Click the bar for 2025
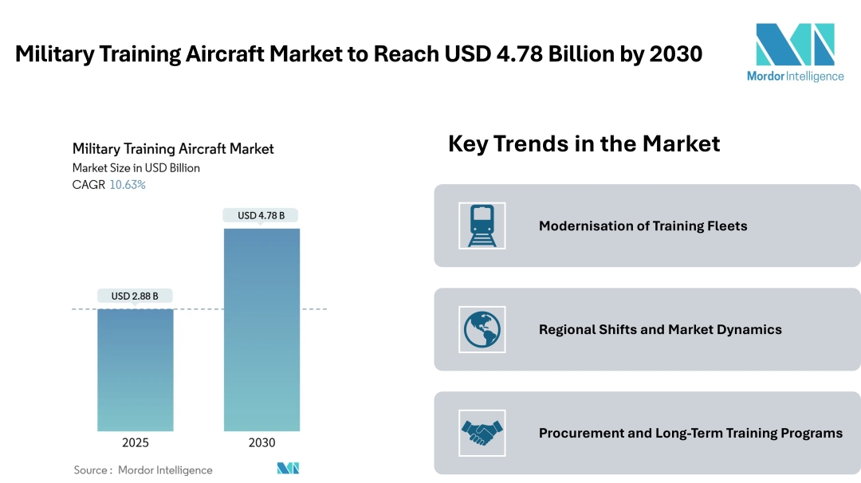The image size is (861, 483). tap(135, 370)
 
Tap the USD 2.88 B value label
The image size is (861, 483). tap(135, 296)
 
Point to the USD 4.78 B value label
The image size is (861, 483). tap(261, 215)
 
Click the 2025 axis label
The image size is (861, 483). tap(135, 443)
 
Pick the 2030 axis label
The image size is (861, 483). tap(261, 443)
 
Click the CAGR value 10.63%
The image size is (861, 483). tap(127, 185)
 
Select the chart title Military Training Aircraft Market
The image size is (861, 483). tap(173, 149)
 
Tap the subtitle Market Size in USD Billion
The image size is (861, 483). tap(136, 168)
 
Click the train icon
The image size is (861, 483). tap(482, 226)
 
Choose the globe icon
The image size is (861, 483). tap(482, 329)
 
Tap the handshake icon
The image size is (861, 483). tap(482, 433)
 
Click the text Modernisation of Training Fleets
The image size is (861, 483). tap(643, 226)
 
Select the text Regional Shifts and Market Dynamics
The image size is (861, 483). tap(660, 329)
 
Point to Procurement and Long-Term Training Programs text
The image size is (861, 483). tap(690, 433)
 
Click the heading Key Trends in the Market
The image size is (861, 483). tap(584, 143)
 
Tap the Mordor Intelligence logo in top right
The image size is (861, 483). tap(794, 53)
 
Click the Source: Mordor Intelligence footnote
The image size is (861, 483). tap(143, 470)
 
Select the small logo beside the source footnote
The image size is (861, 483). tap(288, 469)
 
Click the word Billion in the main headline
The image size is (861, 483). tap(596, 54)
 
